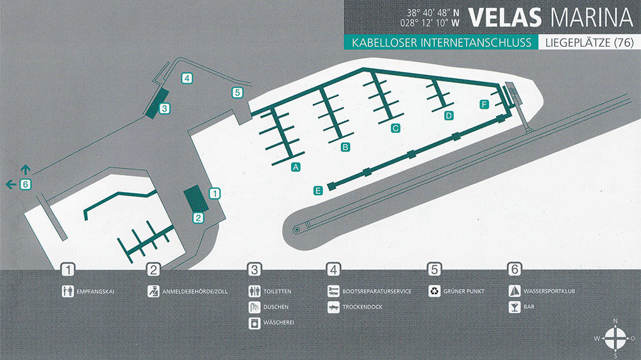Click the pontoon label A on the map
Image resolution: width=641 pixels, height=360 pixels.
(x=296, y=167)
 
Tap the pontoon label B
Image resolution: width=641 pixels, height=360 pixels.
(x=345, y=147)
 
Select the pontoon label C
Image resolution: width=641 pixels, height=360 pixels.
(x=395, y=128)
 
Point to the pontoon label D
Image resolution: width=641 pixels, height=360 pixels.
(x=449, y=115)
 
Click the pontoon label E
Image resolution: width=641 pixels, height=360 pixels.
(x=318, y=190)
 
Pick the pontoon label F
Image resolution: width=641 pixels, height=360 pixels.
(x=484, y=104)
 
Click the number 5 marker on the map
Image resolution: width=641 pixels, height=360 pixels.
(x=237, y=92)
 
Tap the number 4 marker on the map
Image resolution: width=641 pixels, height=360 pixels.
(x=187, y=78)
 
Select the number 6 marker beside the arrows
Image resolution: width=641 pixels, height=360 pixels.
(x=25, y=184)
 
